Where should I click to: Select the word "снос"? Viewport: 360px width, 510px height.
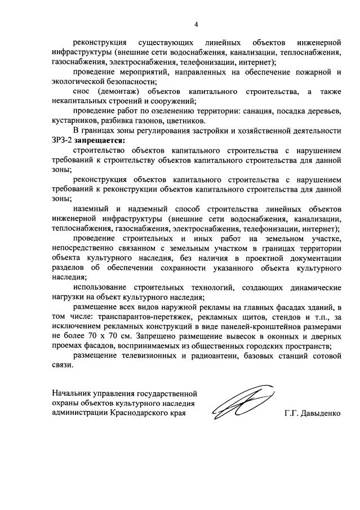(83, 91)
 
